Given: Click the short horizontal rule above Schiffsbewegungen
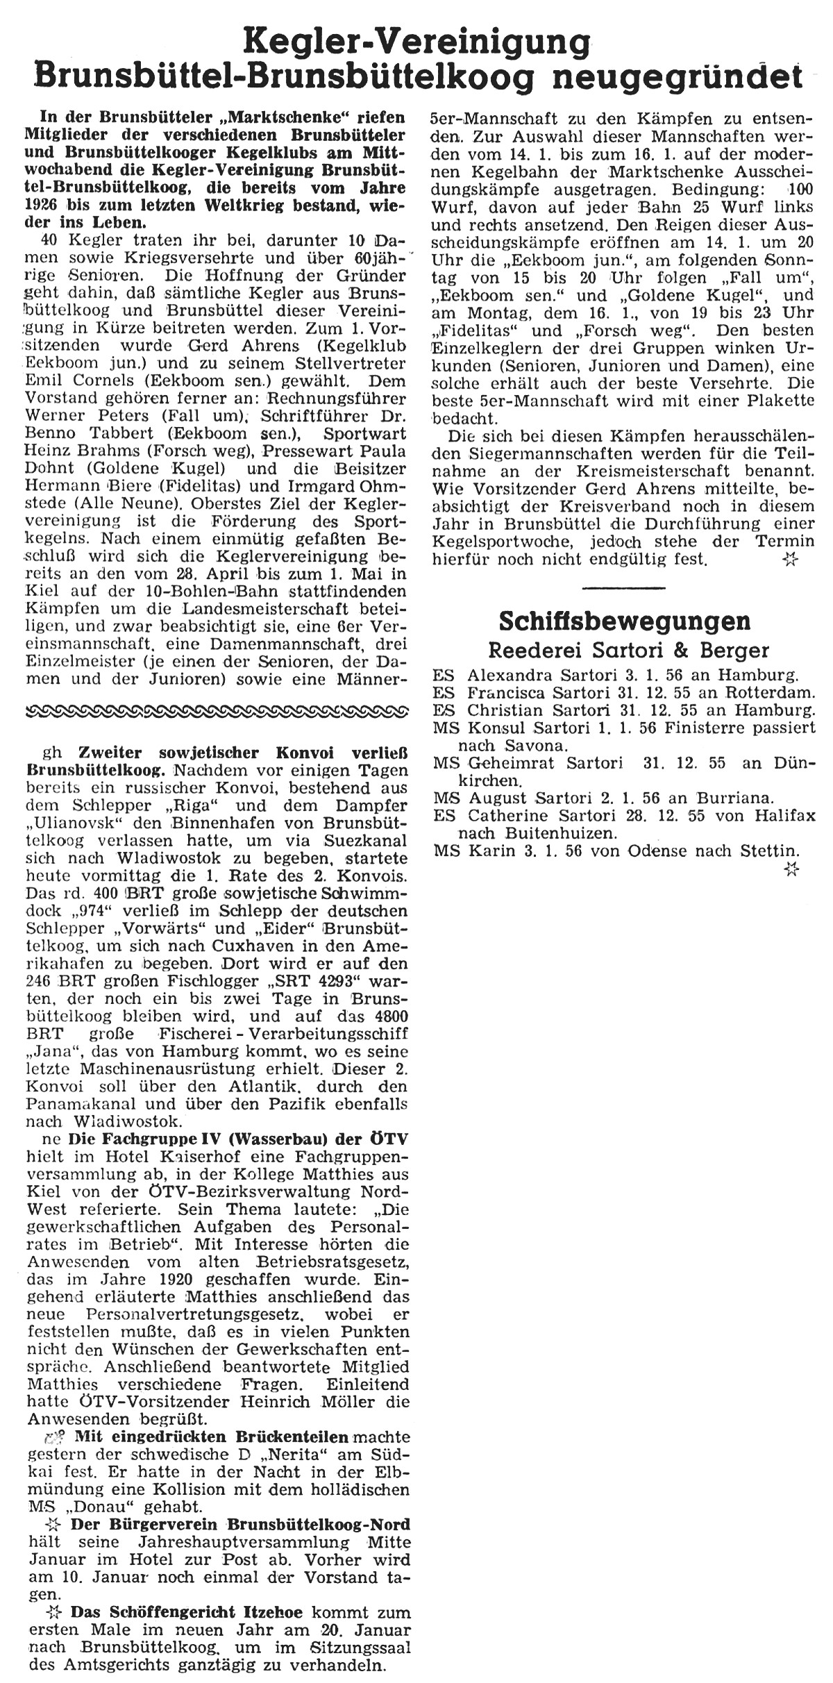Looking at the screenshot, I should pos(623,588).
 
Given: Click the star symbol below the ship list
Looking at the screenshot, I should pos(790,869).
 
